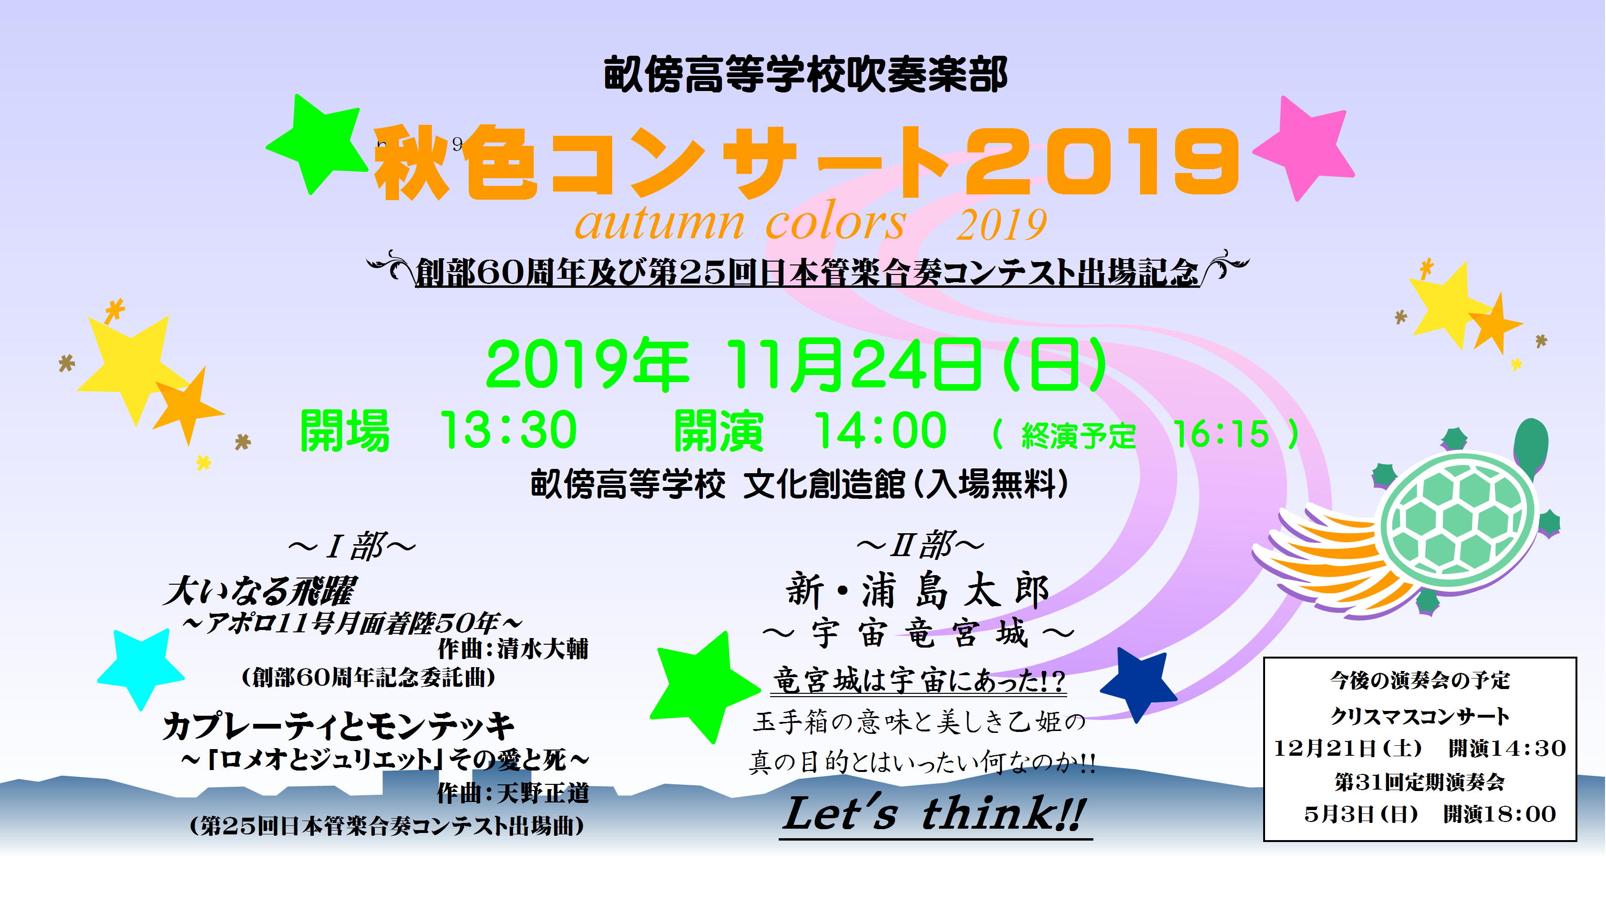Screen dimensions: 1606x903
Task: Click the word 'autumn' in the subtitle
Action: (659, 223)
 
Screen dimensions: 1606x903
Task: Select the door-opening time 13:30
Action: (508, 430)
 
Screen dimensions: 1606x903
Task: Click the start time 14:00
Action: (880, 430)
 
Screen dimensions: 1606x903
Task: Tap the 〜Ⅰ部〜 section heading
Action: (351, 547)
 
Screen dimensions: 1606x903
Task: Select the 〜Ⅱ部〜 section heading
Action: (920, 545)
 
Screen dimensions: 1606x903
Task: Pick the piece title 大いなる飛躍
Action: (259, 591)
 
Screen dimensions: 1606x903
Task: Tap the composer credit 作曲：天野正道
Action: (513, 793)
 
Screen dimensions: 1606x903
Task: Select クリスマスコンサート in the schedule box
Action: (1420, 716)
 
